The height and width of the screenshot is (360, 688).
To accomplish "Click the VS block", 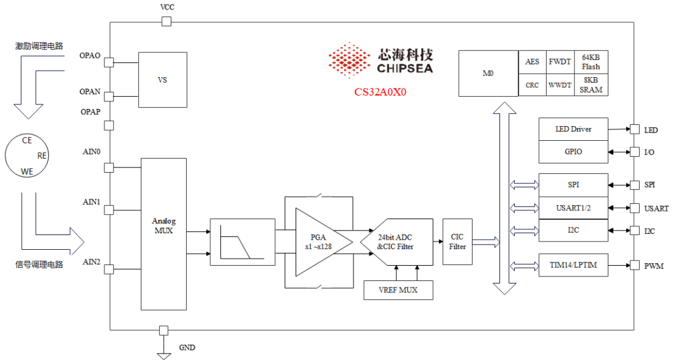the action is point(163,80).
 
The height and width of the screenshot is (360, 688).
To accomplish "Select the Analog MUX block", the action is point(164,234).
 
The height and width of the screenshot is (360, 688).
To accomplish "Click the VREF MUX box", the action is point(398,290).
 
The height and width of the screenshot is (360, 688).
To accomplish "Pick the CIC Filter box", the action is point(457,242).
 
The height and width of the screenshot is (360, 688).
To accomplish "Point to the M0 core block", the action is point(489,73).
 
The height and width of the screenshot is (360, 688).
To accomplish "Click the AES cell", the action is point(532,62).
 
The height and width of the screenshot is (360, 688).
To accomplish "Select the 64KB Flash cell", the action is point(591,62).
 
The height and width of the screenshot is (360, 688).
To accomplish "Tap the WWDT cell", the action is point(560,85).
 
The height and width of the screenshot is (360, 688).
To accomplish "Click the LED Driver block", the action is point(573,129).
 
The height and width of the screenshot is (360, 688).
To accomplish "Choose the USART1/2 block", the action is point(573,208).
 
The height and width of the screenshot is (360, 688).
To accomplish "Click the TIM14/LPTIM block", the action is point(573,264).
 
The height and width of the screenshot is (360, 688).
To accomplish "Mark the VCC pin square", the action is point(166,21).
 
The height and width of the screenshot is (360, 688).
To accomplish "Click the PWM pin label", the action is point(654,266).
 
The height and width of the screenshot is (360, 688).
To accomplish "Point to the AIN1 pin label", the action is point(91,201).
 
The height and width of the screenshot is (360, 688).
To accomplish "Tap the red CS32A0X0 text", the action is point(380,92).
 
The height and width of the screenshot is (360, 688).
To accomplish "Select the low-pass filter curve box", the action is point(243,242).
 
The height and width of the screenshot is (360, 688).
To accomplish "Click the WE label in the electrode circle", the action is point(27,171).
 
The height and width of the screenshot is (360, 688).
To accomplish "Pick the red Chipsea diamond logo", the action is point(350,60).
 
